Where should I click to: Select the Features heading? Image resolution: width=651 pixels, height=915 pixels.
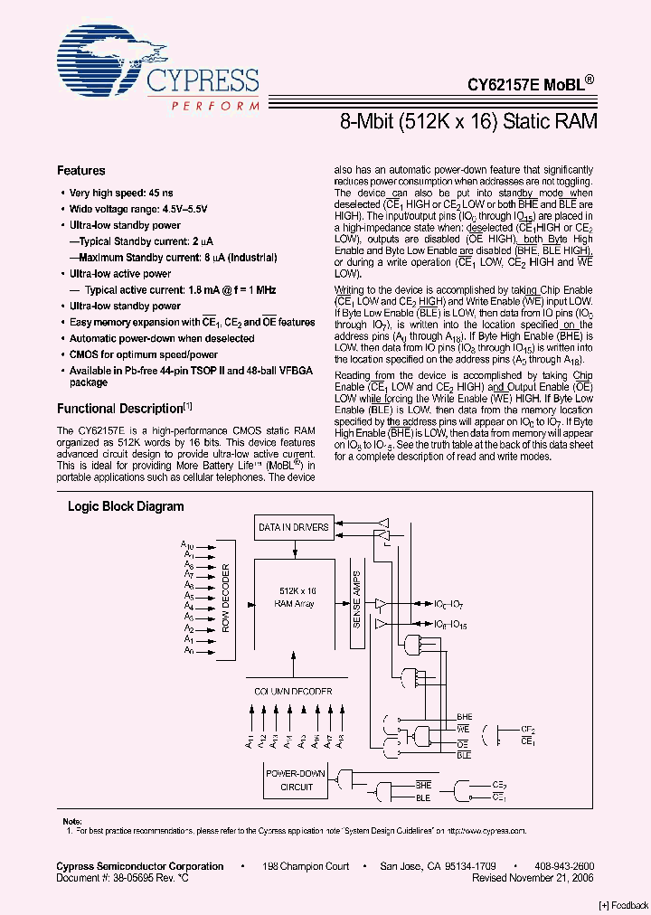[x=80, y=170]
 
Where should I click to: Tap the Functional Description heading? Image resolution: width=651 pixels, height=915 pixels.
[x=120, y=408]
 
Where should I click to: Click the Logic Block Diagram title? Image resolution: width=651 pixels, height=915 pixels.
[x=126, y=506]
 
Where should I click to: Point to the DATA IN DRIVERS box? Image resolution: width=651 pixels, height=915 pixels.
[x=294, y=527]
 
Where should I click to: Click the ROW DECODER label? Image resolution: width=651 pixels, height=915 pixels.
[x=226, y=598]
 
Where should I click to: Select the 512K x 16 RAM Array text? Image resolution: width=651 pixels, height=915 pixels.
[x=297, y=596]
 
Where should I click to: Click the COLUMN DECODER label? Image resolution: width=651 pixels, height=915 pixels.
[x=292, y=691]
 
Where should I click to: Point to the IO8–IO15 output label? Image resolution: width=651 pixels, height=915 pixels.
[x=449, y=624]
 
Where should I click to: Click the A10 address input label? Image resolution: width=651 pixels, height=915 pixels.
[x=187, y=545]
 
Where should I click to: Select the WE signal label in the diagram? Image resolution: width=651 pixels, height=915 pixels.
[x=463, y=728]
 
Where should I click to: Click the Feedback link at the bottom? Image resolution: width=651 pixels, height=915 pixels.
[x=623, y=905]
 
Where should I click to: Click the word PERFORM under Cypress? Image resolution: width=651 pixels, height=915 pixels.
[x=215, y=107]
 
